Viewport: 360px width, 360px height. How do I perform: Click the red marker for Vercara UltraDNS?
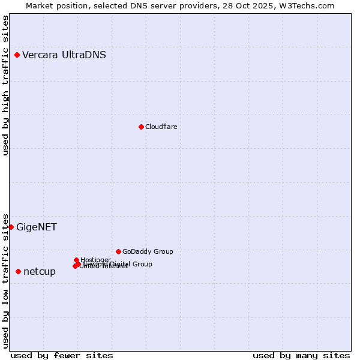(17, 55)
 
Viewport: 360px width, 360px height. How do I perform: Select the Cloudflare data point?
(141, 127)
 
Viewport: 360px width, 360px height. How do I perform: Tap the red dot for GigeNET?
(11, 227)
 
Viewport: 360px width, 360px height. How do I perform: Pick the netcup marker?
(18, 272)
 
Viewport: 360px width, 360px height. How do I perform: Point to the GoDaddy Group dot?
(118, 251)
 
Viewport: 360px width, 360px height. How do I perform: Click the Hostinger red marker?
(76, 260)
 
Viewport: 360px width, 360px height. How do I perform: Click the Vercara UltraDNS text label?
(64, 55)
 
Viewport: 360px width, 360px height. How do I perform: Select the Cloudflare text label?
(161, 127)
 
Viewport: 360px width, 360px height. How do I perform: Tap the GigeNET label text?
(37, 227)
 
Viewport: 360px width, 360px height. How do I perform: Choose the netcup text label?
(40, 272)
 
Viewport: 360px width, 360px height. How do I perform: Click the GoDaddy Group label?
(148, 251)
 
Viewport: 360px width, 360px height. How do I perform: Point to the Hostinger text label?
(95, 260)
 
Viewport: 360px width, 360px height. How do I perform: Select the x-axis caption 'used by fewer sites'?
(62, 355)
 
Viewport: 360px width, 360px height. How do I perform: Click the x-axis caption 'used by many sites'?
(301, 355)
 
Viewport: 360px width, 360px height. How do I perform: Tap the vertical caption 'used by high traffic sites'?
(6, 86)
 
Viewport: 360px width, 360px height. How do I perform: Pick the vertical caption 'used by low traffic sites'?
(6, 280)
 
